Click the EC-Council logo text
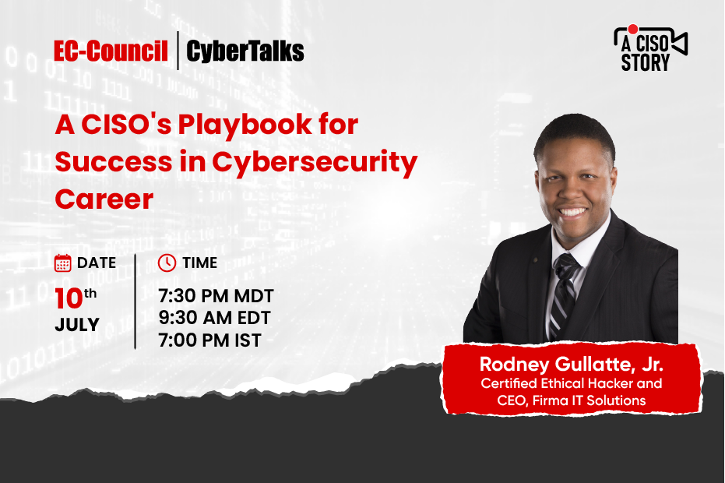(111, 51)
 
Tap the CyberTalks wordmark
(245, 51)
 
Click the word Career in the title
(104, 199)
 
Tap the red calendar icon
(63, 263)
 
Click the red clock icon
(167, 263)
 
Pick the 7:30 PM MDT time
(216, 297)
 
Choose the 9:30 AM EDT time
(216, 319)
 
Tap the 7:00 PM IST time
(209, 340)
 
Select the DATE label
(97, 263)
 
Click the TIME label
(199, 263)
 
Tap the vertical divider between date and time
(135, 301)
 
